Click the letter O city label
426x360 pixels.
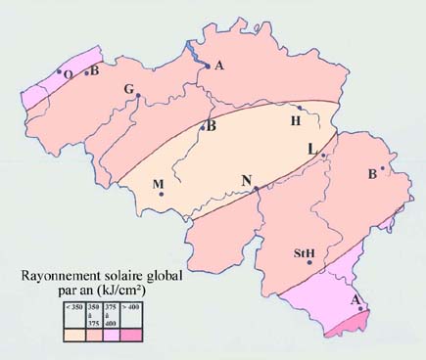[68, 73]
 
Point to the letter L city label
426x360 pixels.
[311, 148]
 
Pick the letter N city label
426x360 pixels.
[247, 179]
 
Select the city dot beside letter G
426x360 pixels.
[139, 95]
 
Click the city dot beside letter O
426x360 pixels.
[60, 70]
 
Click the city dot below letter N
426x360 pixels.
[256, 188]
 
